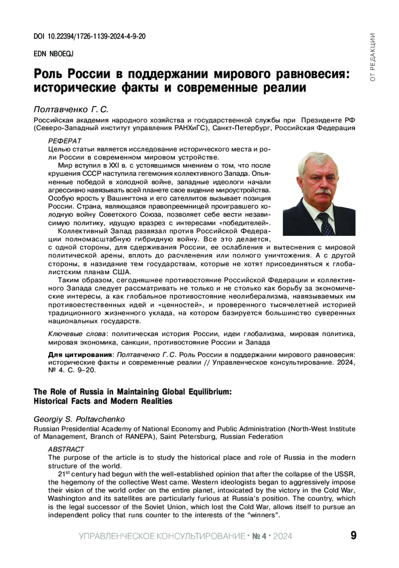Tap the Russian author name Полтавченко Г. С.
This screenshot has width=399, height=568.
[71, 109]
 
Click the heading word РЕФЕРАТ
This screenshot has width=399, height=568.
[65, 141]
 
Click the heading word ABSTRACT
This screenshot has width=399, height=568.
[66, 449]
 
